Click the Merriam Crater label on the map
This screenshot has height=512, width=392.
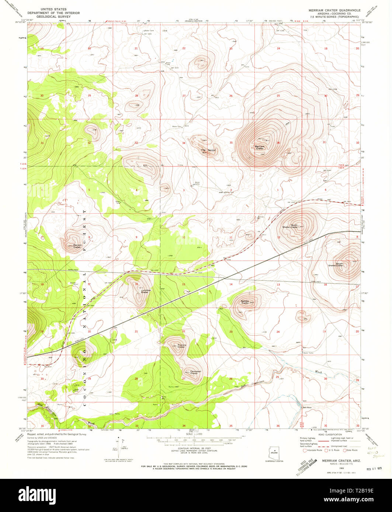[260, 147]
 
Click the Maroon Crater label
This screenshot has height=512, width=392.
[77, 246]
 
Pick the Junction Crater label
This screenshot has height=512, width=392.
[146, 291]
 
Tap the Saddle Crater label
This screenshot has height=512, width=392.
[245, 302]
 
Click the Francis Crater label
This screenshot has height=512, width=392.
[181, 346]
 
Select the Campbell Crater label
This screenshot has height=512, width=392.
[195, 372]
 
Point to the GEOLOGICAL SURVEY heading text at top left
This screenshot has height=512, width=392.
[51, 17]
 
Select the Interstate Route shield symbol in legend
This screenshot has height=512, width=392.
[305, 450]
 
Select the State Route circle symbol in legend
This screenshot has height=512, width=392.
[345, 450]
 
